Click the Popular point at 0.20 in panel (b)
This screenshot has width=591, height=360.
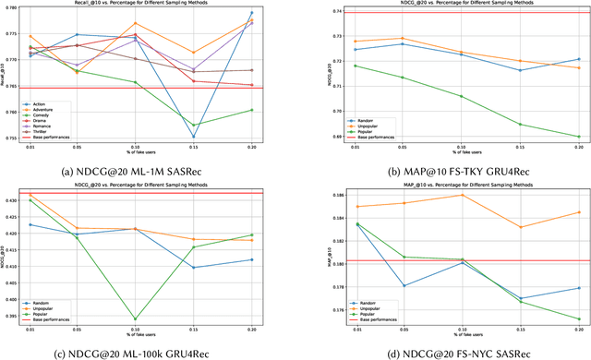(x=578, y=137)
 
